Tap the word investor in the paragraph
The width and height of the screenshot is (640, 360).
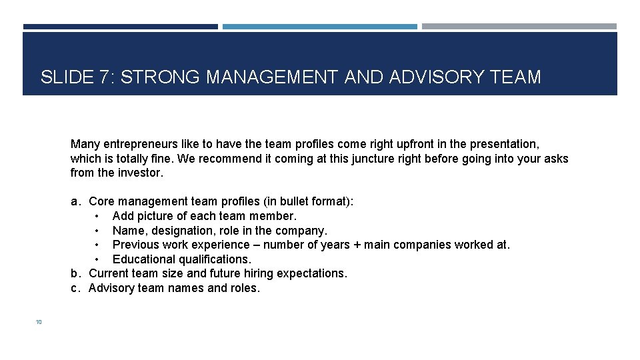click(141, 173)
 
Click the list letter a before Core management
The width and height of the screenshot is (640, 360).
click(76, 201)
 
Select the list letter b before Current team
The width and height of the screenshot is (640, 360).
click(76, 273)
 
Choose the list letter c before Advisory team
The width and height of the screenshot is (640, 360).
click(76, 288)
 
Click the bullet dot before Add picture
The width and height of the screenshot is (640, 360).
click(97, 216)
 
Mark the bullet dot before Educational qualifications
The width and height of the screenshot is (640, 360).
click(97, 259)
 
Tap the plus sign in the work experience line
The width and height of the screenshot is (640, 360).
click(357, 245)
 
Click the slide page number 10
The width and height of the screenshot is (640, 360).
click(39, 322)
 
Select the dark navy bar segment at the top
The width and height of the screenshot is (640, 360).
click(120, 27)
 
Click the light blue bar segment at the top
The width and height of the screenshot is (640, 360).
click(320, 27)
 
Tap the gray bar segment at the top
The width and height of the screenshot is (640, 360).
click(519, 27)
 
